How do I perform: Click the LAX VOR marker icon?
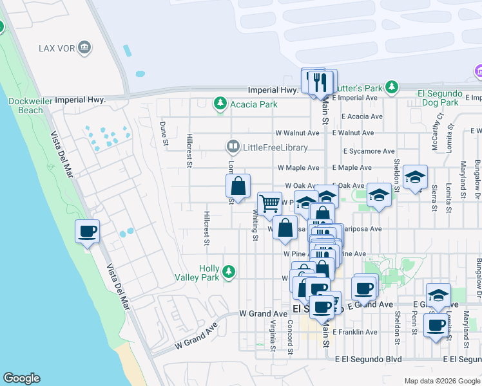click(x=85, y=48)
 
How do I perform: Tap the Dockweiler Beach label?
click(x=26, y=106)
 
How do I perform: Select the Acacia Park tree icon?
click(x=220, y=104)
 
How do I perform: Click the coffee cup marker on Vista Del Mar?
click(x=88, y=232)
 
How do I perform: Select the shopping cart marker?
click(x=270, y=203)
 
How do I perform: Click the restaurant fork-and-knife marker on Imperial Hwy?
click(x=319, y=82)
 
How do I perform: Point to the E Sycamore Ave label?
click(x=369, y=151)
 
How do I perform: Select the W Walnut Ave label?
click(x=297, y=133)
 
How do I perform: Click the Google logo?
click(x=21, y=378)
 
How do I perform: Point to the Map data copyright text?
click(x=442, y=381)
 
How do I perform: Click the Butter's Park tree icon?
click(x=391, y=87)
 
